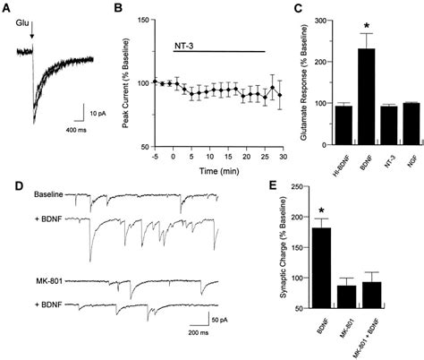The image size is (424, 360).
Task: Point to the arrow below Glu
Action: [x=32, y=37]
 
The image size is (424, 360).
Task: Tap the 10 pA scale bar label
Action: [x=99, y=113]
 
